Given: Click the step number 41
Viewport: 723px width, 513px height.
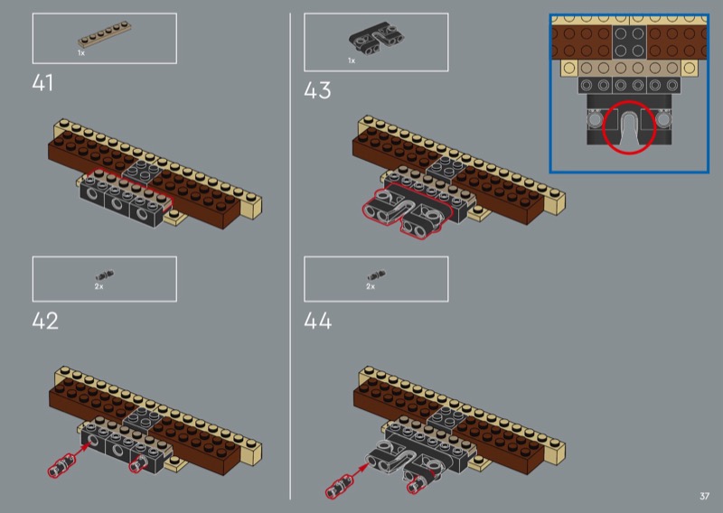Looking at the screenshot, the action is click(x=42, y=83).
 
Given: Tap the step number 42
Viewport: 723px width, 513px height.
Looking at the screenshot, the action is click(x=45, y=321).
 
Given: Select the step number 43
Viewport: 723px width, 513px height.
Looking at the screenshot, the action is click(x=317, y=90).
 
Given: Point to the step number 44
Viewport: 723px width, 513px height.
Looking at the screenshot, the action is click(x=318, y=321).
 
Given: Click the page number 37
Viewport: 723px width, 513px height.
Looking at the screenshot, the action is click(x=704, y=496).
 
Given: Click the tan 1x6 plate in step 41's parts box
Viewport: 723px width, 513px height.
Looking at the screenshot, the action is click(x=105, y=34).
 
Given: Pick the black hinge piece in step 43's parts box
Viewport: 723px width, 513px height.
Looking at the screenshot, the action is click(x=376, y=39).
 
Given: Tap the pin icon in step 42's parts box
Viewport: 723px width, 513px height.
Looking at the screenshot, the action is click(x=105, y=275).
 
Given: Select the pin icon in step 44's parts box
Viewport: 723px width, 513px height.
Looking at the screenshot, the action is click(x=377, y=275).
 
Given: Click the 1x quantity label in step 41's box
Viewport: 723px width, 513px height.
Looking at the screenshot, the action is click(x=81, y=53).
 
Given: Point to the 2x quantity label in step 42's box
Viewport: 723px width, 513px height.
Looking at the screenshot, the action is click(x=99, y=286).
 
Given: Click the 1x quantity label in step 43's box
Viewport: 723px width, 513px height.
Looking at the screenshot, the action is click(x=352, y=61).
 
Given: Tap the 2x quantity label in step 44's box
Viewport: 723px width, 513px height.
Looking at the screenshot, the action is click(x=371, y=286).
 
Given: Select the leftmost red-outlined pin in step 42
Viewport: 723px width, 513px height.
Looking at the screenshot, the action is click(x=61, y=465).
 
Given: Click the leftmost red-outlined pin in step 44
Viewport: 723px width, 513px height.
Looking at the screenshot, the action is click(x=339, y=487).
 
